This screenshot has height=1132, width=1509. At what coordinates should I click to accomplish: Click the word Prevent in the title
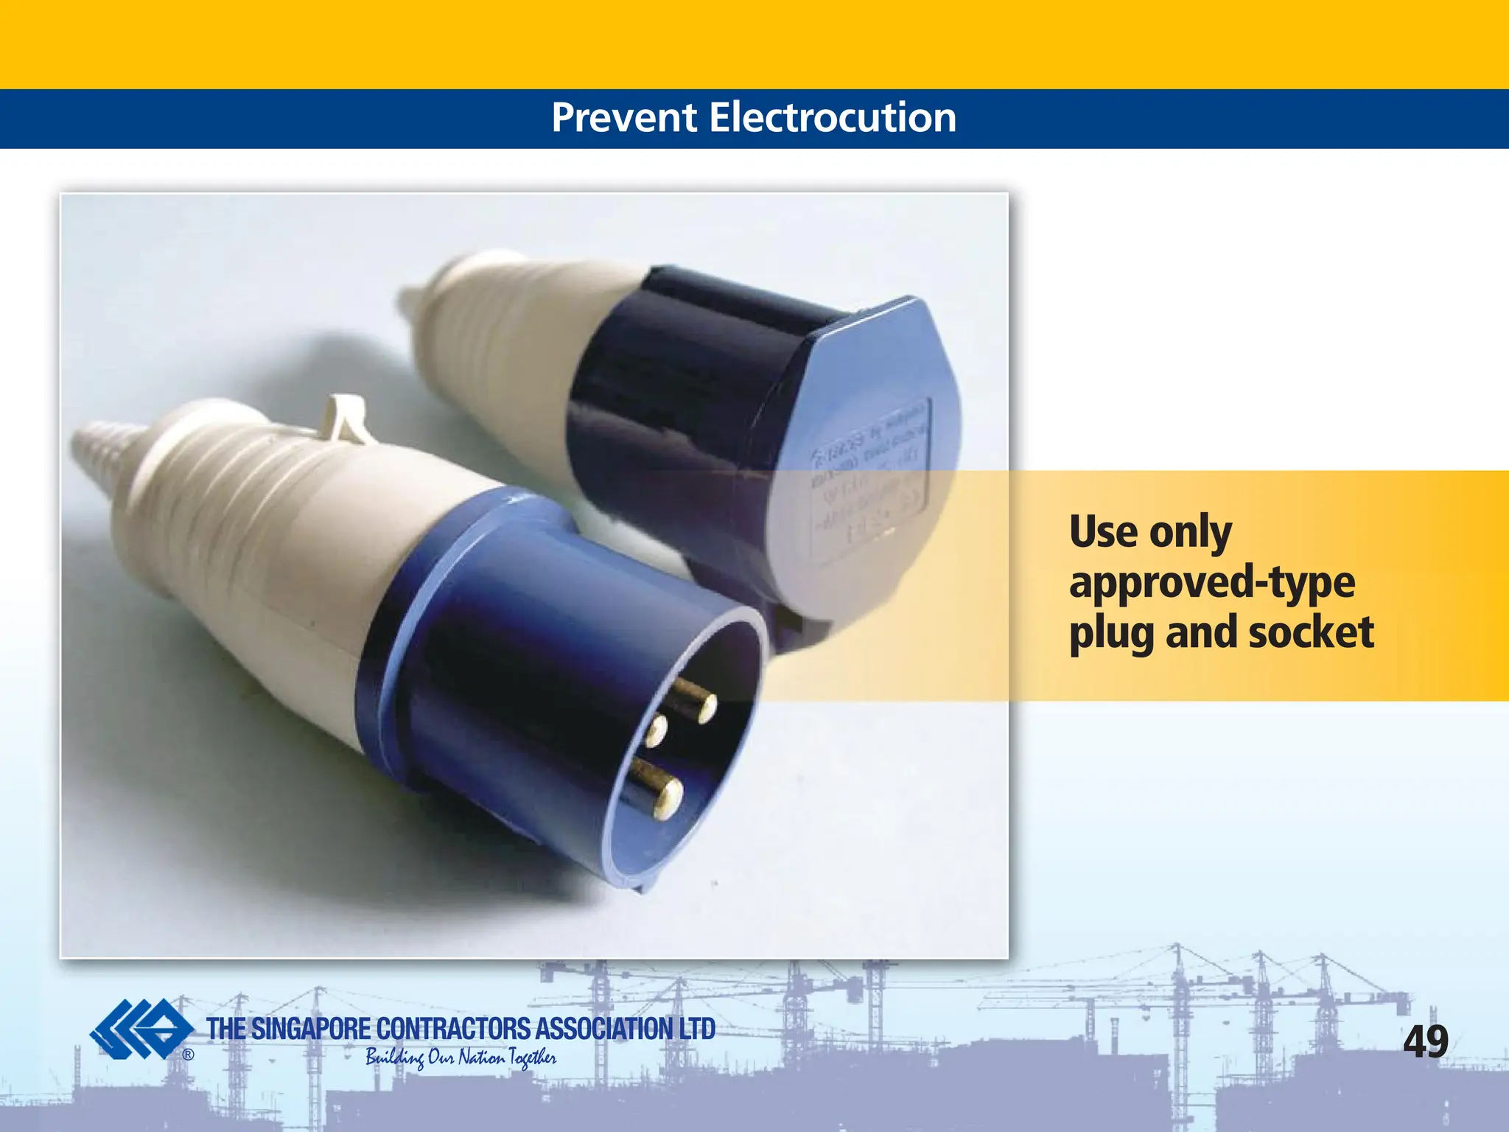pos(623,118)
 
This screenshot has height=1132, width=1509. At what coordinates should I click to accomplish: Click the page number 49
pos(1426,1041)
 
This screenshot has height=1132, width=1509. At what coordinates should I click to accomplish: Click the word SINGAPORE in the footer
pos(311,1029)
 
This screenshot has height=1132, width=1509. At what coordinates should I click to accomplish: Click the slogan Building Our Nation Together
pos(461,1058)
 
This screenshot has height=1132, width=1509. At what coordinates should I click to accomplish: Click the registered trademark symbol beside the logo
pos(189,1055)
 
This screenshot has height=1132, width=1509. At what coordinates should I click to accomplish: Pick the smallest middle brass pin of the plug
pos(654,728)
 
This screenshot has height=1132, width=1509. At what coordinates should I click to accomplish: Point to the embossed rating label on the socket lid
pos(869,479)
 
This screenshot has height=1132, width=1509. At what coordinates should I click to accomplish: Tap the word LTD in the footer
pos(696,1029)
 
